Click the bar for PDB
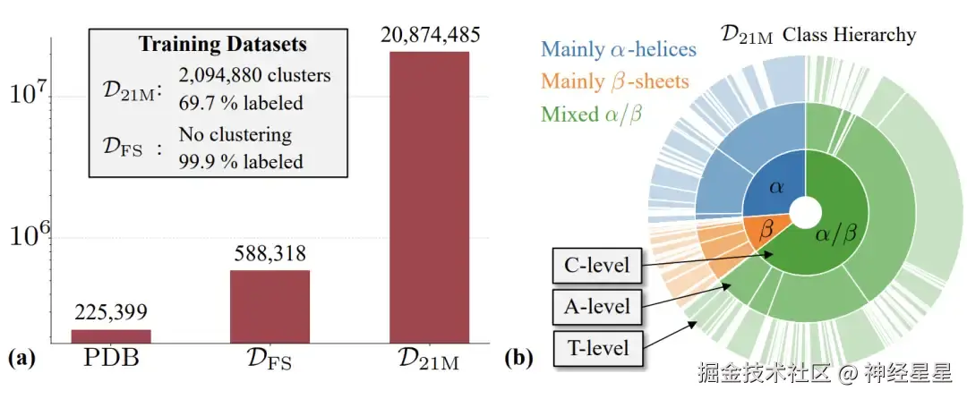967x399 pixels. pos(111,336)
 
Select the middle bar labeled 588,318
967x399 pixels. pos(270,306)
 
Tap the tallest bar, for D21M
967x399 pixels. pos(431,197)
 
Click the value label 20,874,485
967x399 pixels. pos(431,36)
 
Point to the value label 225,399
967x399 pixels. pos(111,312)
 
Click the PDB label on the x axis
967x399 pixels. pos(111,361)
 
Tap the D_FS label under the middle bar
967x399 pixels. pos(270,362)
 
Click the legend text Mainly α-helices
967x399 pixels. pos(620,49)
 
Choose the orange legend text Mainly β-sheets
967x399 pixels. pos(615,81)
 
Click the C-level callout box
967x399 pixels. pos(596,266)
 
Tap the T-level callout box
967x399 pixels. pos(596,347)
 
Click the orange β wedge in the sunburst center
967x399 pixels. pos(765,231)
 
